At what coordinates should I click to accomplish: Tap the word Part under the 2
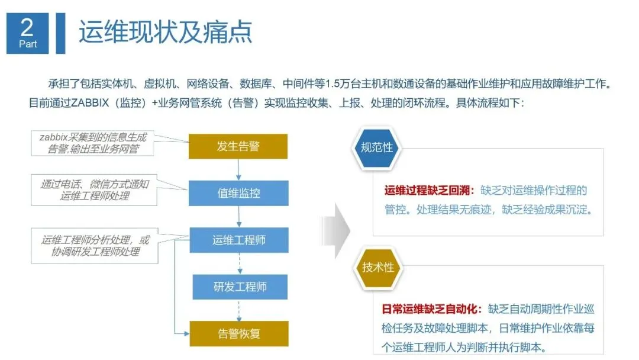tap(27, 44)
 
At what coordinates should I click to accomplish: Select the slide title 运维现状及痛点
tap(166, 32)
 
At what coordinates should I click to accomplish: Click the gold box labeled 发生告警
tap(238, 146)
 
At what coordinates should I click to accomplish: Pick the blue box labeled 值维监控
tap(238, 193)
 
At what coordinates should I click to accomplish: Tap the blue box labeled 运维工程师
tap(238, 240)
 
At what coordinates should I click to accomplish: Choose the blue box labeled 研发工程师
tap(240, 287)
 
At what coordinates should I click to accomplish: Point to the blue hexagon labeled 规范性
tap(377, 147)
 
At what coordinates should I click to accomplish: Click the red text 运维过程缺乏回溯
tap(429, 191)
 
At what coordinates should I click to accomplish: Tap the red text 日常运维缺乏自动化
tap(432, 310)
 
